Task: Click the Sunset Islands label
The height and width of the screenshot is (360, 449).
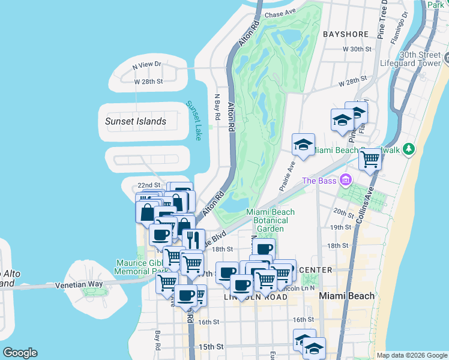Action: pyautogui.click(x=135, y=121)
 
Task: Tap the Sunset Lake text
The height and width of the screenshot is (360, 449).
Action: pyautogui.click(x=193, y=121)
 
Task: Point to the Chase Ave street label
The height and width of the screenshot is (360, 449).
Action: pyautogui.click(x=281, y=13)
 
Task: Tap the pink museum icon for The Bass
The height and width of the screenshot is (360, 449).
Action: pyautogui.click(x=345, y=179)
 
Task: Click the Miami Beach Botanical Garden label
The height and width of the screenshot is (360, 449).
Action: pyautogui.click(x=271, y=220)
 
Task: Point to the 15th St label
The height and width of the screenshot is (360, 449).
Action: pyautogui.click(x=211, y=347)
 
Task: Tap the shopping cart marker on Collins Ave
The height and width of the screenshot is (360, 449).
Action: pyautogui.click(x=370, y=160)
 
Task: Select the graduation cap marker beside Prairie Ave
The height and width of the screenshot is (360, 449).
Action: pyautogui.click(x=303, y=145)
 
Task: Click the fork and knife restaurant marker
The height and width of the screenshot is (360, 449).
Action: pyautogui.click(x=193, y=239)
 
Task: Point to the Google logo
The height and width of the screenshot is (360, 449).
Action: pyautogui.click(x=20, y=353)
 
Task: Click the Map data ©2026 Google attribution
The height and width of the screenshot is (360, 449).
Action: pyautogui.click(x=411, y=355)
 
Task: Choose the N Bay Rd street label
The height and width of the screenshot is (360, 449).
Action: pyautogui.click(x=218, y=108)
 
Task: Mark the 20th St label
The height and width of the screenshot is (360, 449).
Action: pyautogui.click(x=344, y=212)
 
